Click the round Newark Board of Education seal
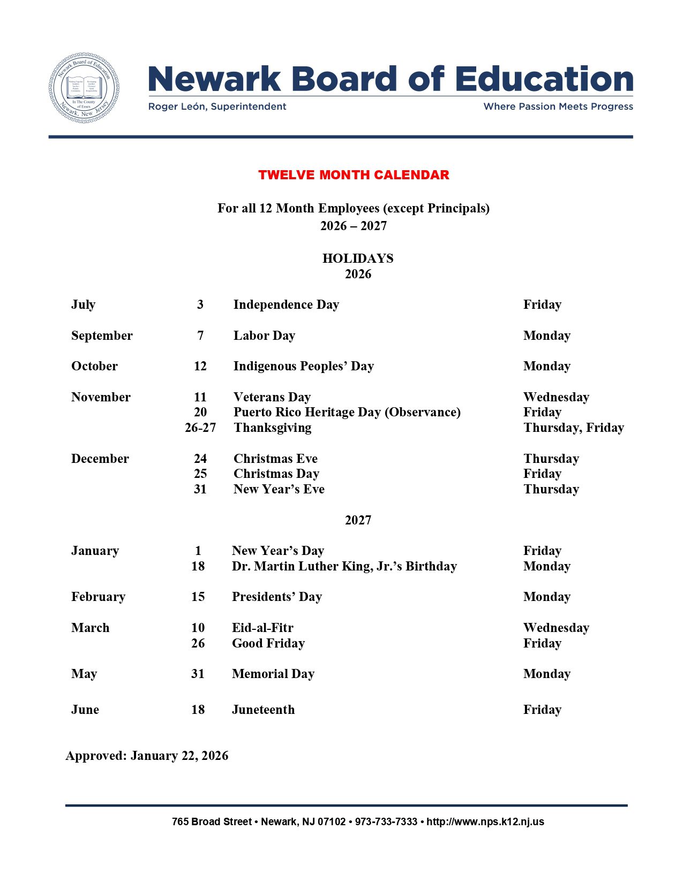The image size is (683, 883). coord(84,88)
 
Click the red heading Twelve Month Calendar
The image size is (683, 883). coord(354,175)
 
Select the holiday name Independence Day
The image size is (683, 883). coord(286,305)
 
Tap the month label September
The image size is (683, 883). coord(102,336)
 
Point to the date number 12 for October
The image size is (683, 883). coord(200,366)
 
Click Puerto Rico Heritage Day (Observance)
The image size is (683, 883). coord(347,412)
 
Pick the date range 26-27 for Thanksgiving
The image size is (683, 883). coord(200,428)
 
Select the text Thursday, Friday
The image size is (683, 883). coord(573,428)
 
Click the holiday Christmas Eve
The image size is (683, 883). coord(275,459)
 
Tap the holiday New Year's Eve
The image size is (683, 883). coord(279,489)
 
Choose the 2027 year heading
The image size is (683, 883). coord(358,520)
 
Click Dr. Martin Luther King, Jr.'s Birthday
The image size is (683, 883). coord(344,566)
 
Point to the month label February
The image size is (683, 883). coord(98,597)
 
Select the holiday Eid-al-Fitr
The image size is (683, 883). coord(262,628)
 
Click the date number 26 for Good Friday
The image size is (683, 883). coord(198,643)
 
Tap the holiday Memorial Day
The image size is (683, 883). coord(273,674)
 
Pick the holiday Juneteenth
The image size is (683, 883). coord(263,710)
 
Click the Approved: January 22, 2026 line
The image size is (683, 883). coord(147,756)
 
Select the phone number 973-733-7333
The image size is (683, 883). coord(386,821)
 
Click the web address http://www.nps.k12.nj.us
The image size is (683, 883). coord(485,821)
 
